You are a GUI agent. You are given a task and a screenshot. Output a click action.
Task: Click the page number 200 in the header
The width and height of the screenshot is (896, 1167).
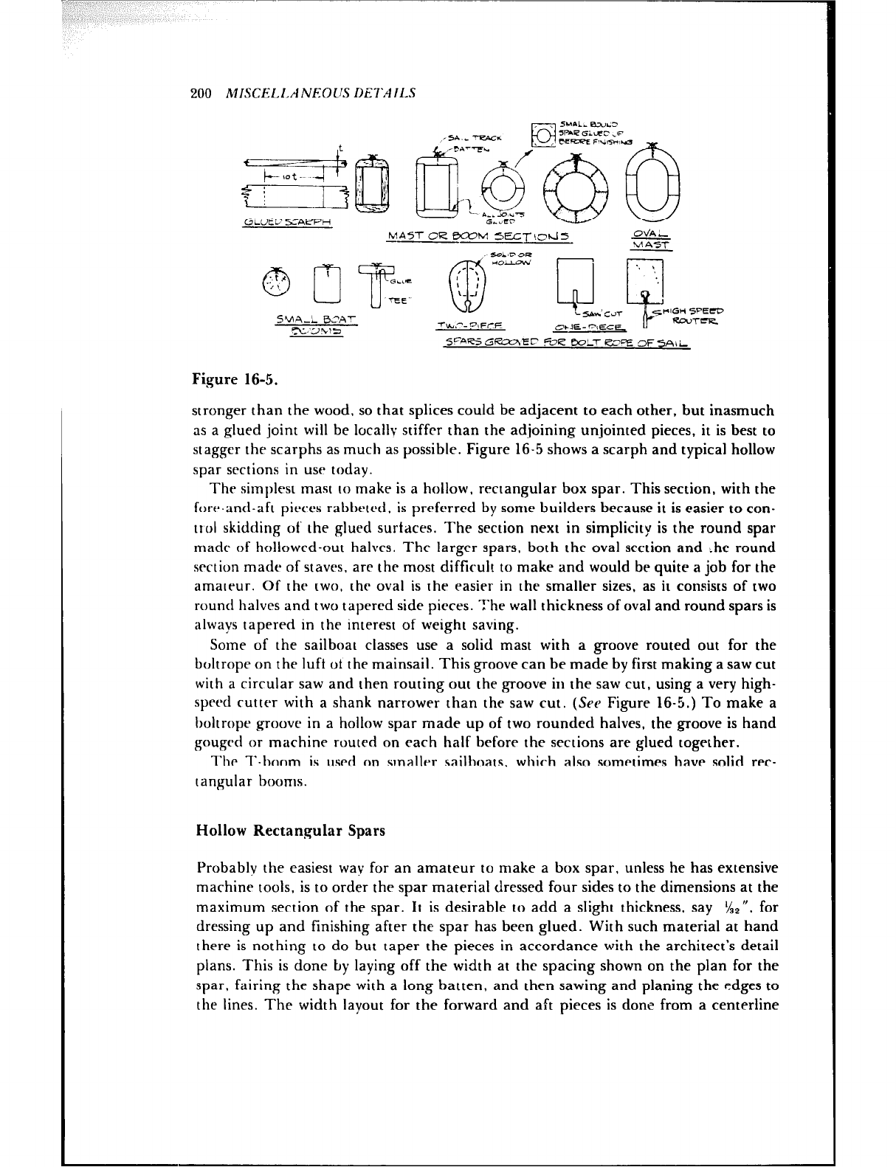click(201, 94)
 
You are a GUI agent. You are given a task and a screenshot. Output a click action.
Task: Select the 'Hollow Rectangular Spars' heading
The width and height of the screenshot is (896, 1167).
click(291, 831)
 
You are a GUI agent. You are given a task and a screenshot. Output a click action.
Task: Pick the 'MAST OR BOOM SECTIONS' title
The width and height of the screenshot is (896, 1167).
click(480, 236)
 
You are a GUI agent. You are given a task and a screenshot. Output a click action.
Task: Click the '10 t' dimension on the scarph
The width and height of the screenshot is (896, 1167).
click(294, 177)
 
